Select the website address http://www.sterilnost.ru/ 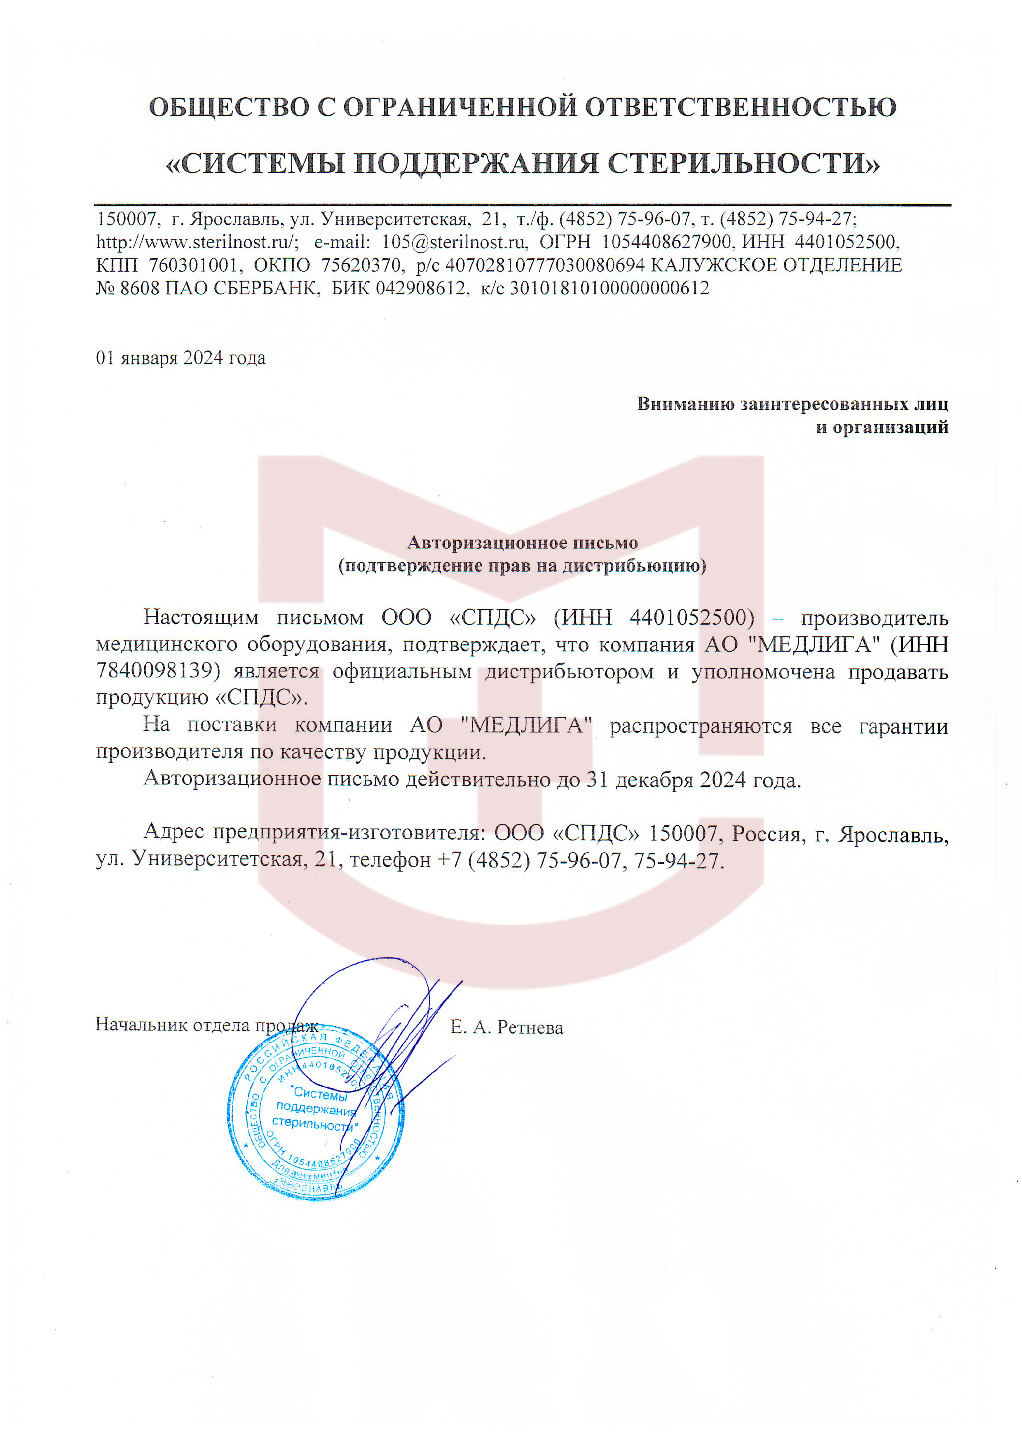tap(197, 242)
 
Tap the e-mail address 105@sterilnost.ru tap(453, 242)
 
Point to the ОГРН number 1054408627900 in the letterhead tap(669, 242)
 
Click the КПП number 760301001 tap(194, 265)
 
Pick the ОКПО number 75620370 tap(361, 265)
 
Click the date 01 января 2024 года tap(181, 358)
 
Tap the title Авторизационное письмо tap(522, 542)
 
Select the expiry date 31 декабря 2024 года tap(693, 780)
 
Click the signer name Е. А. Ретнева tap(507, 1028)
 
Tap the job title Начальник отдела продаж tap(206, 1025)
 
